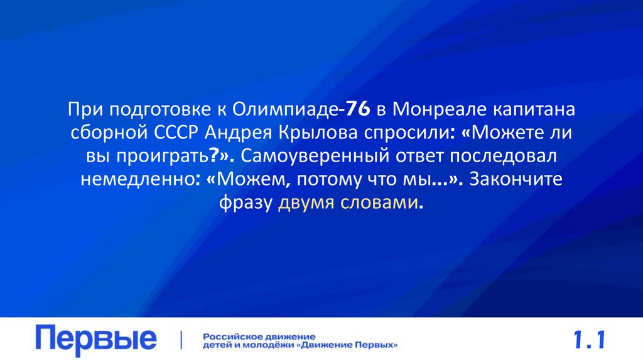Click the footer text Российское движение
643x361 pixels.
259,336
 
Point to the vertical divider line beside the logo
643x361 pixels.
182,340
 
